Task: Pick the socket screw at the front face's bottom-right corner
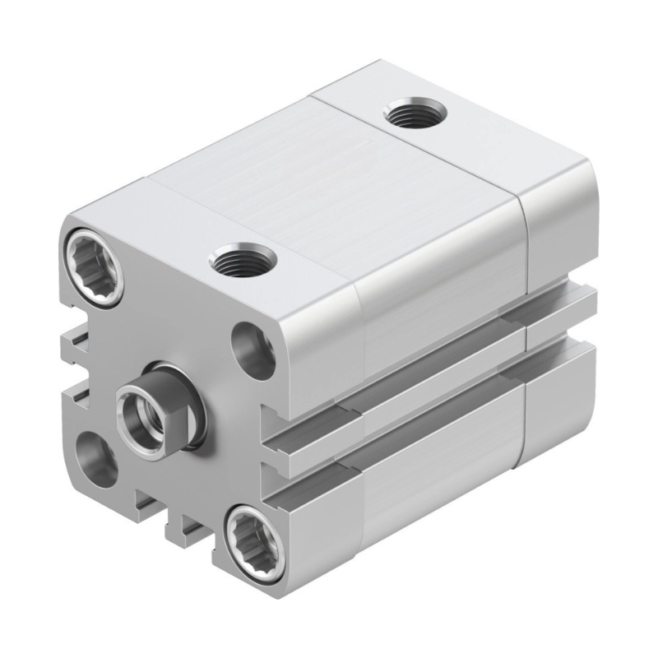click(x=253, y=539)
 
